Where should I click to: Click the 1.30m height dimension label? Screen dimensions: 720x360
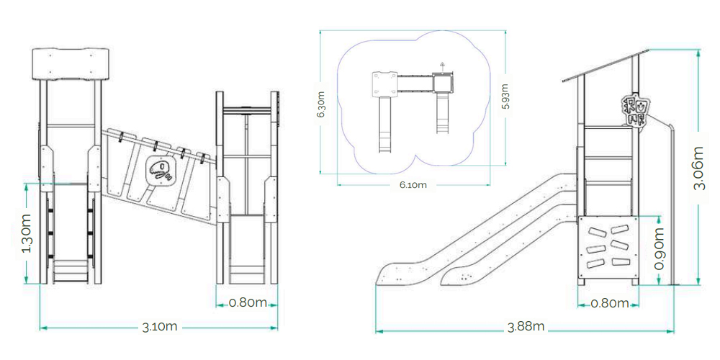tap(27, 233)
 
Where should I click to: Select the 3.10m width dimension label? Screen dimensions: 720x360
tap(160, 327)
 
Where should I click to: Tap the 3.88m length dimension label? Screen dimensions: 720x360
tap(526, 326)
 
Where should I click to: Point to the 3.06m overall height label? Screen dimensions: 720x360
tap(699, 168)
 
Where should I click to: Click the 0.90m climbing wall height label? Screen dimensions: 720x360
tap(660, 248)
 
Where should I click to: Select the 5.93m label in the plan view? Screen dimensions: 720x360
tap(505, 96)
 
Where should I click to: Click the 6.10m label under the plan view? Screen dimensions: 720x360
tap(413, 185)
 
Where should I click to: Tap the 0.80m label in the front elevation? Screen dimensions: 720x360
tap(248, 303)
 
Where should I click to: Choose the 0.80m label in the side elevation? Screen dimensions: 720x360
tap(610, 304)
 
